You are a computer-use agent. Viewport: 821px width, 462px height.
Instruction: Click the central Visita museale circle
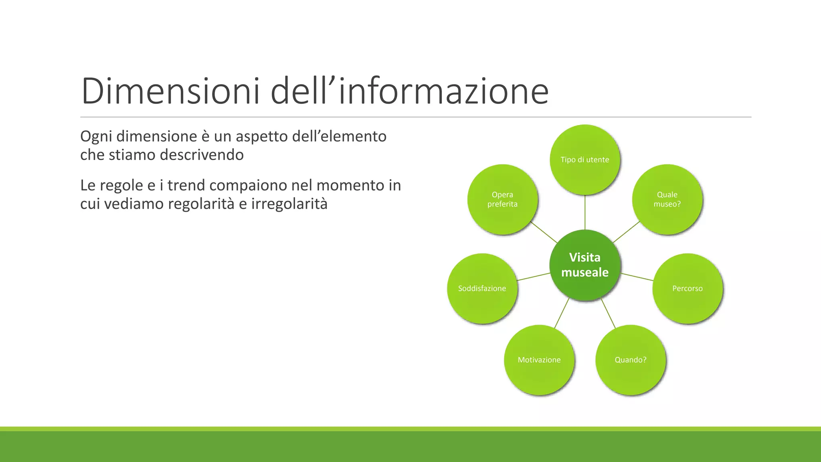[585, 265]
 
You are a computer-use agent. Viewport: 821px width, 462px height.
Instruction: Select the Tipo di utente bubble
[585, 160]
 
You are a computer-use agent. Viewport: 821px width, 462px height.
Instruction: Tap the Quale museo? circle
[667, 199]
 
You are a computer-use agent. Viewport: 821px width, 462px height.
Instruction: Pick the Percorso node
[687, 288]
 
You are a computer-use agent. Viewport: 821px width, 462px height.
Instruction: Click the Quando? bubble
[631, 360]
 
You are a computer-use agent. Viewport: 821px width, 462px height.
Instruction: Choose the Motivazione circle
[539, 360]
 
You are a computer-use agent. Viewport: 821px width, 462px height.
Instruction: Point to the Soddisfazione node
[482, 288]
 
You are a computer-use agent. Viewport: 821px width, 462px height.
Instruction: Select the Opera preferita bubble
[502, 199]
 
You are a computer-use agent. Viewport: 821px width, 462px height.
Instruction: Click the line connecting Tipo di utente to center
[585, 213]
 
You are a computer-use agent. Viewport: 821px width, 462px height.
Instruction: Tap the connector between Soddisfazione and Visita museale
[534, 277]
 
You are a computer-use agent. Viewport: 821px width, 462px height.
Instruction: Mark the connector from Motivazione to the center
[562, 313]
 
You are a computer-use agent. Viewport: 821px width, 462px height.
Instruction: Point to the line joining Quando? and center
[608, 313]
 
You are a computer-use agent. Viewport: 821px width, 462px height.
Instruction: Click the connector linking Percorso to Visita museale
[637, 277]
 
